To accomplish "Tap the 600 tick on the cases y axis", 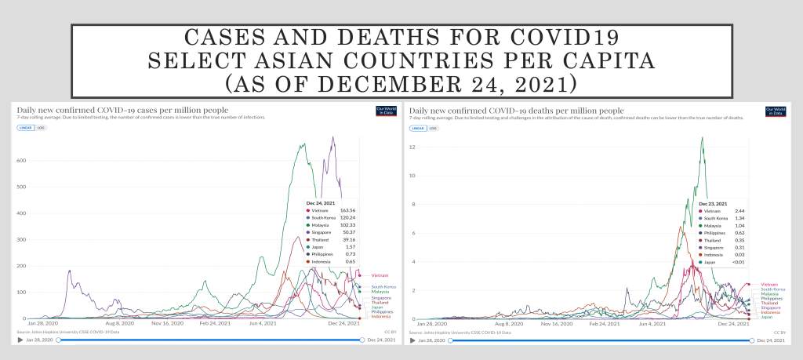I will [x=22, y=161].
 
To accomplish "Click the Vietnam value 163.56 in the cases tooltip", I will [x=349, y=210].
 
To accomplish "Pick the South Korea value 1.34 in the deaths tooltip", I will [x=738, y=218].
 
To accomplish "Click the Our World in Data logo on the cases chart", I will [x=386, y=111].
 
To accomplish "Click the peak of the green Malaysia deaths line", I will [x=702, y=138].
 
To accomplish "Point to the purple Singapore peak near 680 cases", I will [x=333, y=138].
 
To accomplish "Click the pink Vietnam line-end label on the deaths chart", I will [x=769, y=284].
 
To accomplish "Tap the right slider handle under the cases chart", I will [x=362, y=340].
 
